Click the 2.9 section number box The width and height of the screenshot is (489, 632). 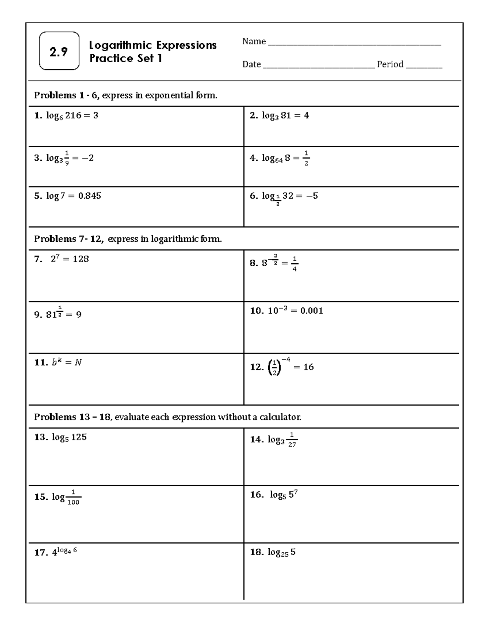pos(59,51)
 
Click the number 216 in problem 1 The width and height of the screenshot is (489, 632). pos(73,116)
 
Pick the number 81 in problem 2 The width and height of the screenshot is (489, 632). pos(286,116)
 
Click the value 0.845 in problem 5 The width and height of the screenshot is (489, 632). pos(89,196)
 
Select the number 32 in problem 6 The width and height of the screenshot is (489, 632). pos(288,196)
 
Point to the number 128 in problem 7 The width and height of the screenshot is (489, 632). pos(81,259)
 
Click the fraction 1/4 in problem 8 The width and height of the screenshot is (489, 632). pos(295,263)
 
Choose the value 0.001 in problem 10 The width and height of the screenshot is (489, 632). pos(311,311)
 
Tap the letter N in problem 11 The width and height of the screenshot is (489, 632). pos(78,362)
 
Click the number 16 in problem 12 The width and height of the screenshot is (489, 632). pos(308,367)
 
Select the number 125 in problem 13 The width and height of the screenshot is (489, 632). pos(79,437)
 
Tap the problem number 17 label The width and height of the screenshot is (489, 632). pos(41,553)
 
